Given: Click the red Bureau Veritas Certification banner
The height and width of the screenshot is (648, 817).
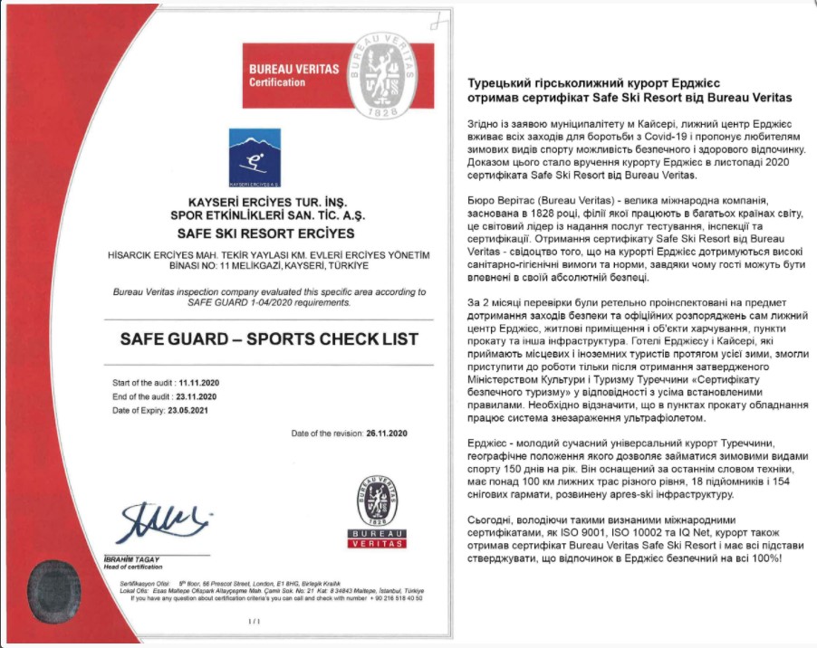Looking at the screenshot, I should (296, 76).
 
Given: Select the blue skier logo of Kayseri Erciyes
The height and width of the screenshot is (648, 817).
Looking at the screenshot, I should (254, 156).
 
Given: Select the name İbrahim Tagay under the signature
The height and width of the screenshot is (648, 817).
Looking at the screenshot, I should (137, 559).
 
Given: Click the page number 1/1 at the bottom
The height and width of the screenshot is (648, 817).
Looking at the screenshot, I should (254, 622).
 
